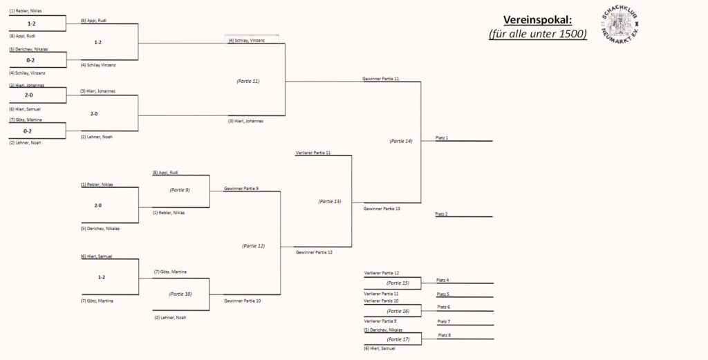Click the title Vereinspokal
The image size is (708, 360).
click(537, 19)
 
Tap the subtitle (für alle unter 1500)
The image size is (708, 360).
click(537, 34)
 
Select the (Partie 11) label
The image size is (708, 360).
click(248, 81)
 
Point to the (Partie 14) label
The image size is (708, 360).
click(401, 141)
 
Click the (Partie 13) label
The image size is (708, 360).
click(330, 201)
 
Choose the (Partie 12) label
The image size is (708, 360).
click(253, 245)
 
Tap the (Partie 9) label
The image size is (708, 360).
click(180, 189)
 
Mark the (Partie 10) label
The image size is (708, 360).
click(180, 294)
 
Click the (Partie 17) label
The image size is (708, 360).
click(398, 339)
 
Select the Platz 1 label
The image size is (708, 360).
click(442, 138)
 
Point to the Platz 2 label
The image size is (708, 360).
click(442, 214)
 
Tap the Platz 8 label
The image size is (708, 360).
click(444, 335)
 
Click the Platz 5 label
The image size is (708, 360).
click(443, 294)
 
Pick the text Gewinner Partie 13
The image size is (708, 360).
click(382, 209)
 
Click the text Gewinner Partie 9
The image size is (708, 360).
click(241, 188)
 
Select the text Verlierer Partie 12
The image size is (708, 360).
click(382, 274)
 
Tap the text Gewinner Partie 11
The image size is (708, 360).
click(381, 79)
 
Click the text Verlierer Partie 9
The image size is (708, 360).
click(381, 321)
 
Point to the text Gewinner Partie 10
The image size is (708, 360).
click(243, 301)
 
